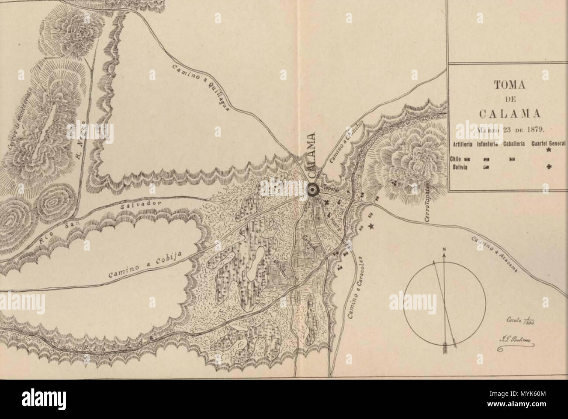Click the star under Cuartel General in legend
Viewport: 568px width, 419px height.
[549, 150]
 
